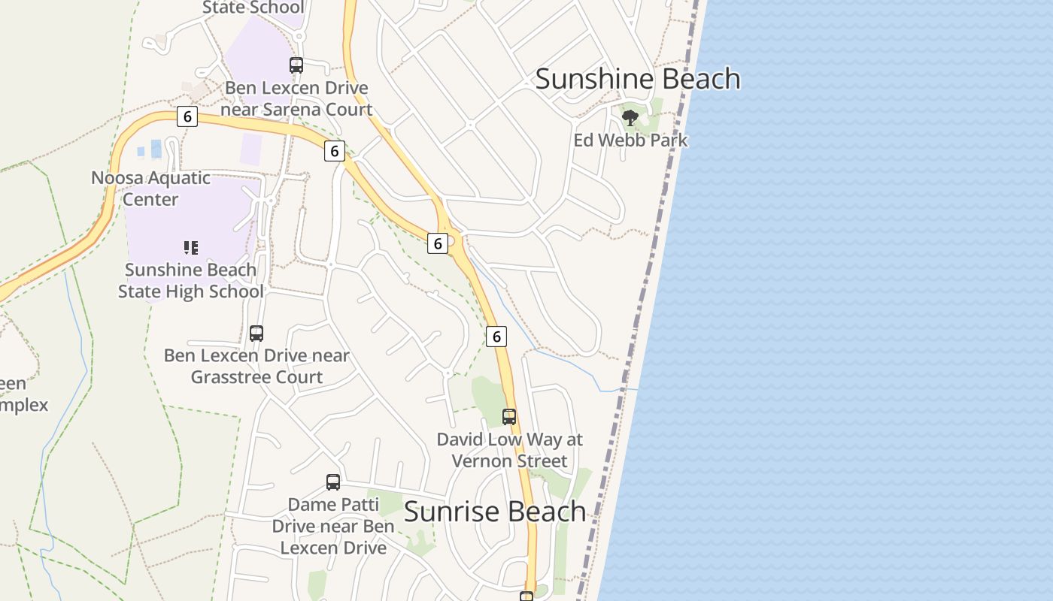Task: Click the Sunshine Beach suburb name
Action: [x=638, y=79]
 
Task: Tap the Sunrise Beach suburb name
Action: [x=494, y=512]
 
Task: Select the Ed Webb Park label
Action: [x=630, y=140]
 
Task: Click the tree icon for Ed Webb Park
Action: [x=630, y=117]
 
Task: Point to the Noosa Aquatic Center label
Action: [x=150, y=189]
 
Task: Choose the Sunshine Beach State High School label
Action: [x=191, y=280]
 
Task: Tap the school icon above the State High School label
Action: [x=191, y=247]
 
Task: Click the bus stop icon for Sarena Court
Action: [x=296, y=65]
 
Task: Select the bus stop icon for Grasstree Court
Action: [x=256, y=334]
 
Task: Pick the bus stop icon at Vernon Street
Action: [x=509, y=417]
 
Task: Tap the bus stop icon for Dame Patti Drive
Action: [x=333, y=482]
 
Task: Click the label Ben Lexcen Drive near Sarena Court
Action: [x=296, y=98]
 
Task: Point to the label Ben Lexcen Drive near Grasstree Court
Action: [x=256, y=366]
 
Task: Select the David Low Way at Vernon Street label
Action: [x=509, y=450]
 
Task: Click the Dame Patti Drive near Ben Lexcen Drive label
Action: [x=333, y=526]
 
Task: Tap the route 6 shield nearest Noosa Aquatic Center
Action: [x=187, y=116]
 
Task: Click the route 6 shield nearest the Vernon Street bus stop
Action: [x=496, y=337]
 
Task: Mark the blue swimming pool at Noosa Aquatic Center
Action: [x=156, y=149]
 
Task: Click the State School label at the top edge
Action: [x=253, y=8]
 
